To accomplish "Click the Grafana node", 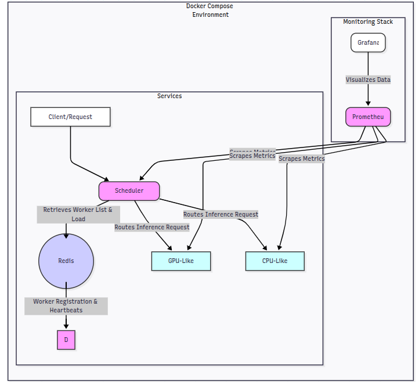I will point(368,42).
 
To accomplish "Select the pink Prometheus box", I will point(368,117).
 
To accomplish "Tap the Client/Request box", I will point(70,117).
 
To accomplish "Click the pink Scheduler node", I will point(129,190).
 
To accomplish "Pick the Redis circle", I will point(66,261).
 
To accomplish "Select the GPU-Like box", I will point(181,261).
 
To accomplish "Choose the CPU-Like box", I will point(274,261).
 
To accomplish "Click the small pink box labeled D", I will point(66,340).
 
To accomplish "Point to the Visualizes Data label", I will point(368,80).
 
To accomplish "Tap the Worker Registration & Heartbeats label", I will point(66,306).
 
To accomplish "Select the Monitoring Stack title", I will point(368,22).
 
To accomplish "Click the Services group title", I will point(169,96).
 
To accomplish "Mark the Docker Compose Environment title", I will point(210,10).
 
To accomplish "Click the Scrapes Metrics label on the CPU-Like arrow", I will point(301,158).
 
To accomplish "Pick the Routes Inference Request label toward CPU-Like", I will point(221,214).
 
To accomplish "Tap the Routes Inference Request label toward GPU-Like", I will point(151,227).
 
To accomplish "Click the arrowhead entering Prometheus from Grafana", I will point(368,104).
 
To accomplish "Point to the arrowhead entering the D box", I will point(66,327).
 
